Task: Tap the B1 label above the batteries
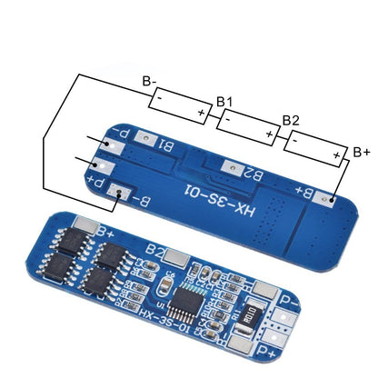pyautogui.click(x=224, y=103)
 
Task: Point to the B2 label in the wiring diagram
pyautogui.click(x=291, y=120)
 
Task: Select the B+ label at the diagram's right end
pyautogui.click(x=361, y=151)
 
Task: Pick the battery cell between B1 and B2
pyautogui.click(x=247, y=127)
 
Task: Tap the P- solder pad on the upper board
pyautogui.click(x=111, y=142)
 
